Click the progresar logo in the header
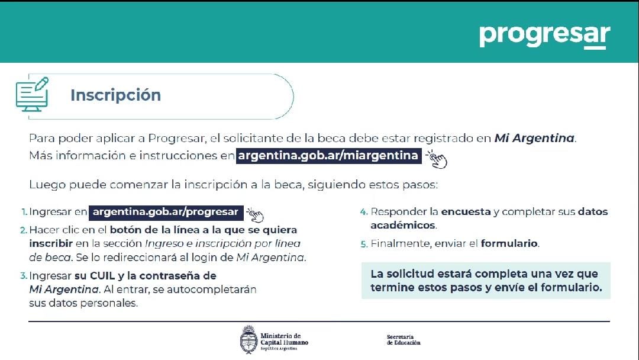(x=544, y=36)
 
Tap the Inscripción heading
(x=116, y=95)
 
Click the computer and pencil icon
(x=32, y=94)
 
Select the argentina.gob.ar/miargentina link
(x=328, y=155)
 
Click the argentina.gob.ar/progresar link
(x=166, y=212)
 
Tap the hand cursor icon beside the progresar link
(x=255, y=214)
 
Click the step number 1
(x=24, y=212)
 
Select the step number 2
(x=23, y=230)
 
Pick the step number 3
(x=23, y=276)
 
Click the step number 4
(x=364, y=212)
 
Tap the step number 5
(x=364, y=244)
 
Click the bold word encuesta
(x=466, y=211)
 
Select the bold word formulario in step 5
(x=509, y=243)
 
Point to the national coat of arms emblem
(x=248, y=339)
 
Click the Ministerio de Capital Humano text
(x=284, y=341)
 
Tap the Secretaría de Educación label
(x=404, y=340)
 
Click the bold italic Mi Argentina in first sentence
(x=534, y=138)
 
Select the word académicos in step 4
(x=403, y=225)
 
